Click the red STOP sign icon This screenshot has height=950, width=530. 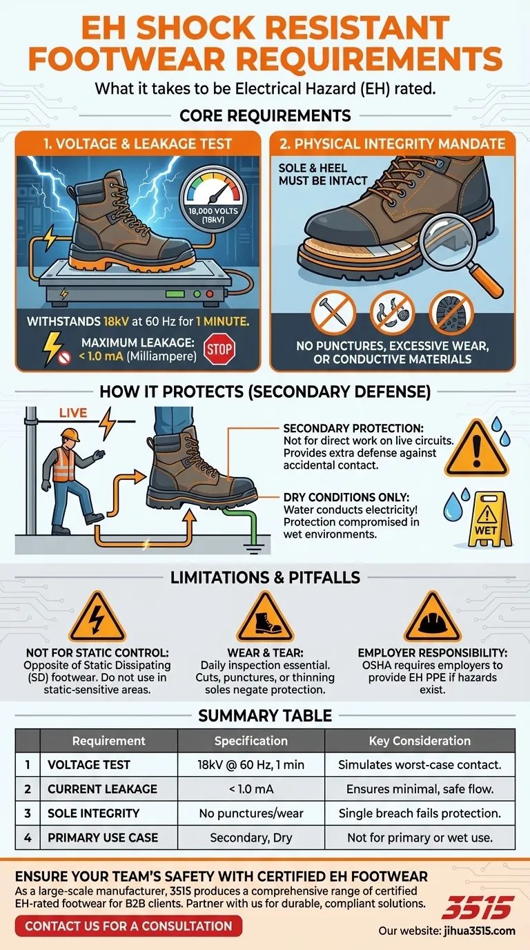[x=219, y=350]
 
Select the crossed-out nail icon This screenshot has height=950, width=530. [x=333, y=312]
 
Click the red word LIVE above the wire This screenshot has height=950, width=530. [x=73, y=413]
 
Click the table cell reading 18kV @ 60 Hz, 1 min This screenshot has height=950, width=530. [x=251, y=764]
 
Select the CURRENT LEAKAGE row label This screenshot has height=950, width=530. [x=102, y=788]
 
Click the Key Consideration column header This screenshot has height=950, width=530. [x=420, y=741]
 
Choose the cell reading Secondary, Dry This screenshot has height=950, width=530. [x=251, y=837]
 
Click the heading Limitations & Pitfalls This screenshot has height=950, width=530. [x=265, y=578]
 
